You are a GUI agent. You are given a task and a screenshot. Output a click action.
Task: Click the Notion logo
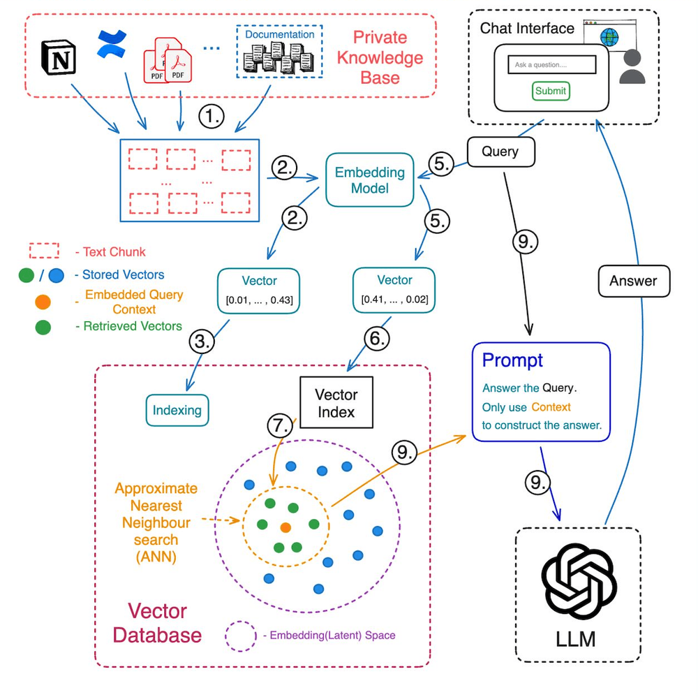(59, 57)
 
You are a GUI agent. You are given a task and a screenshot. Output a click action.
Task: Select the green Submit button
(551, 91)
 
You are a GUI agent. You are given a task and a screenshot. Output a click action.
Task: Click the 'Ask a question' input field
(551, 65)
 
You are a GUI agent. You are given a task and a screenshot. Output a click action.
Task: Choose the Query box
(501, 152)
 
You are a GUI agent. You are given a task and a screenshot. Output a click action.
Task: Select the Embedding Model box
(370, 180)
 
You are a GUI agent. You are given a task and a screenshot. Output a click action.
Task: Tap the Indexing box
(177, 410)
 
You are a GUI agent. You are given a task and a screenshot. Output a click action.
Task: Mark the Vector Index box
(336, 404)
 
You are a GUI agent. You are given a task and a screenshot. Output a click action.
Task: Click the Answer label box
(633, 281)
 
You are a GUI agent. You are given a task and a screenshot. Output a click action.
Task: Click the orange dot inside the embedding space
(285, 527)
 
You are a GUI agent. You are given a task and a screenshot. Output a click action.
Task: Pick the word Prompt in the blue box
(512, 360)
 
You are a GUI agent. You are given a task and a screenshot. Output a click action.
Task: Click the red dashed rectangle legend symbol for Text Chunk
(44, 251)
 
